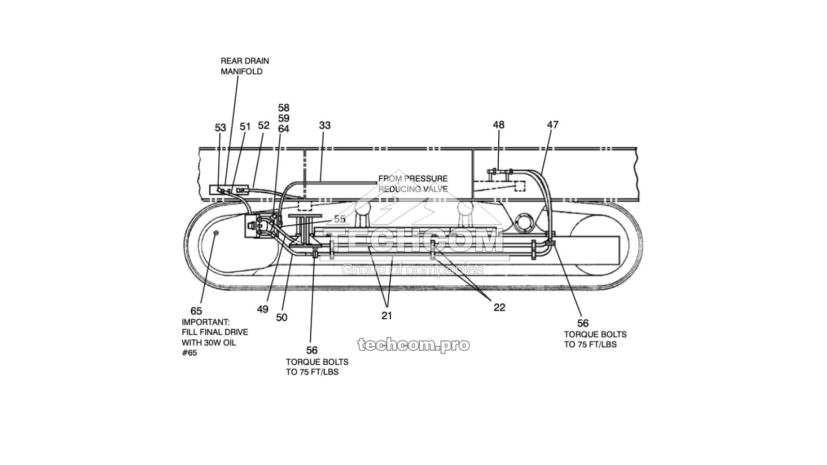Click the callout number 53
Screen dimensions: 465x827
pos(221,128)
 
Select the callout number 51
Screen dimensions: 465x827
pos(245,127)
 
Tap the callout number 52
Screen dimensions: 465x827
pos(264,125)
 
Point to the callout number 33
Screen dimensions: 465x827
pos(325,125)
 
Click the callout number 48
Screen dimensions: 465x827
pos(498,125)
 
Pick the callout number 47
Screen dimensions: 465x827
pos(553,125)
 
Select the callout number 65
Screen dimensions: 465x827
pos(196,311)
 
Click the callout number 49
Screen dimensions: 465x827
pos(263,309)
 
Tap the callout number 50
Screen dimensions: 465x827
pos(281,317)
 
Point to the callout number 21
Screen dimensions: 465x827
pos(387,315)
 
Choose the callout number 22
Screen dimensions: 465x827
pos(499,307)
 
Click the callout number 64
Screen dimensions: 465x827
pos(284,129)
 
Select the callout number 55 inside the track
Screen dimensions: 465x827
pos(340,219)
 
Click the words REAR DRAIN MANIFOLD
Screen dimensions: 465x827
pos(245,66)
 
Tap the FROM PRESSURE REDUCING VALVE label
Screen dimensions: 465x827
pos(413,184)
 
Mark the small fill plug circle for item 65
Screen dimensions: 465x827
pos(216,234)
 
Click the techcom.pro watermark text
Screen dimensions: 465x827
pos(413,345)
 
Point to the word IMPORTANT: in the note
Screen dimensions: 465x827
pos(206,321)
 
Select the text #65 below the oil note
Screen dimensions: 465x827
pos(189,353)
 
